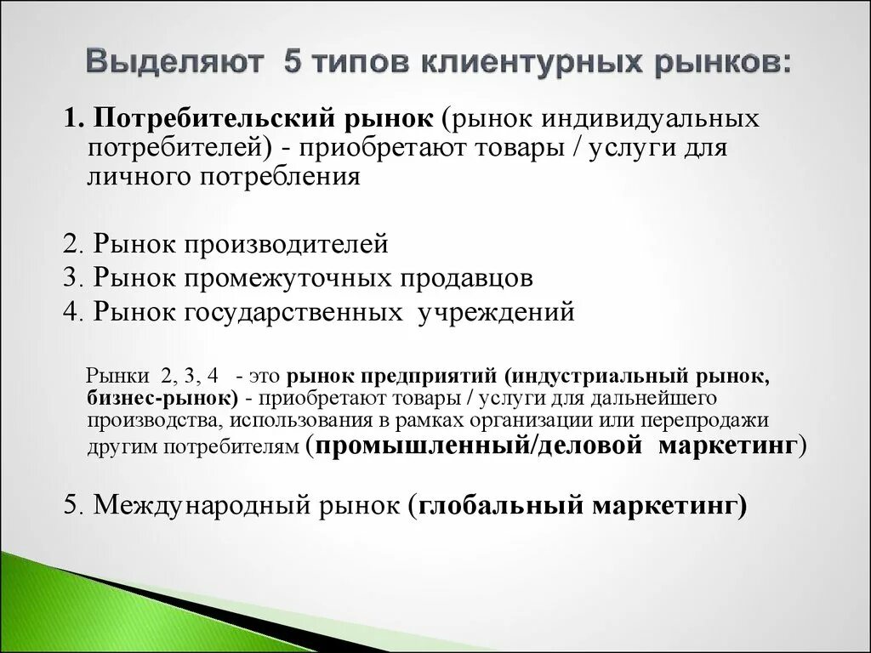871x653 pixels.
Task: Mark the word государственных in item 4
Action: tap(291, 311)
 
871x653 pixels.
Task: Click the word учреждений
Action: tap(495, 311)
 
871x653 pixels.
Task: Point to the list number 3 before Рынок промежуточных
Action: tap(69, 277)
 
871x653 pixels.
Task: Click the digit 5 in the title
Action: tap(292, 64)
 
